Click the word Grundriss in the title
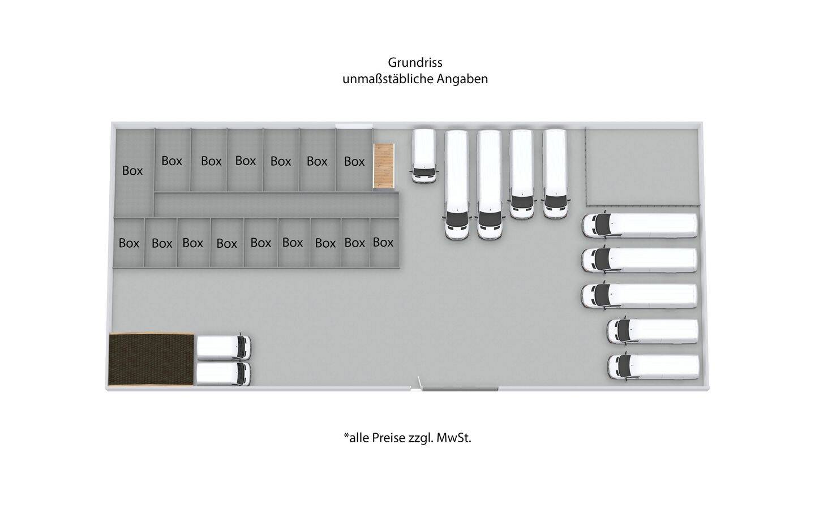pyautogui.click(x=415, y=63)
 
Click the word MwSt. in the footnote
pyautogui.click(x=453, y=438)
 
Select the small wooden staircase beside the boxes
pyautogui.click(x=384, y=165)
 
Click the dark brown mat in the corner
pyautogui.click(x=151, y=359)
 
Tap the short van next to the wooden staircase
pyautogui.click(x=424, y=156)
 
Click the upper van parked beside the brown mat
pyautogui.click(x=224, y=347)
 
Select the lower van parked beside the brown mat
pyautogui.click(x=224, y=373)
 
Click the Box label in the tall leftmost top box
pyautogui.click(x=132, y=171)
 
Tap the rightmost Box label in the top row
pyautogui.click(x=354, y=161)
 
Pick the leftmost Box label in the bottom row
pyautogui.click(x=129, y=243)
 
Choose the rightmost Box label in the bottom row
pyautogui.click(x=383, y=242)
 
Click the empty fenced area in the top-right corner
pyautogui.click(x=642, y=166)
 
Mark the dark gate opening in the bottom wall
pyautogui.click(x=460, y=389)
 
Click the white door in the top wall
pyautogui.click(x=354, y=126)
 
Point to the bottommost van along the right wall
pyautogui.click(x=654, y=367)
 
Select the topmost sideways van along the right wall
pyautogui.click(x=640, y=226)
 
